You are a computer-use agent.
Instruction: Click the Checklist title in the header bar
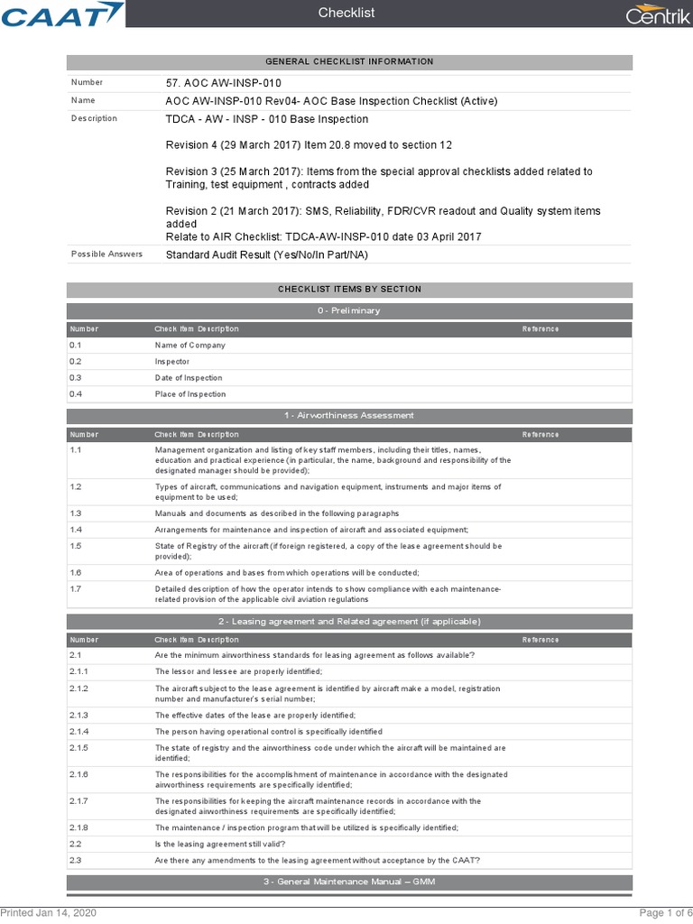tap(346, 13)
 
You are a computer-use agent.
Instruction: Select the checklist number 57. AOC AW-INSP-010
tap(217, 83)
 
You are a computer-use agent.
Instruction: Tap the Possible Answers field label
tap(106, 254)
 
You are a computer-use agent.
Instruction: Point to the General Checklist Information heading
tap(349, 61)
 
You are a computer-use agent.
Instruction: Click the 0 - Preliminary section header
tap(349, 310)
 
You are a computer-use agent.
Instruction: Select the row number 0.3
tap(76, 378)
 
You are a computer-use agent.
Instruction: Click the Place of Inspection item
tap(190, 394)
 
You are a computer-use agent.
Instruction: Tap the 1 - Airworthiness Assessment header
tap(349, 415)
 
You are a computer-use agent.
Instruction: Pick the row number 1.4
tap(76, 530)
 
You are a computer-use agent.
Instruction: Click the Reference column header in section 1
tap(541, 434)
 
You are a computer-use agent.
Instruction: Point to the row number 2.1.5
tap(79, 748)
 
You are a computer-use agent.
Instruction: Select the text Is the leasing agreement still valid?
tap(220, 844)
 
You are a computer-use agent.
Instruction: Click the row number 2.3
tap(76, 860)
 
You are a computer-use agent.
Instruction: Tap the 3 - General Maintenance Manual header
tap(349, 882)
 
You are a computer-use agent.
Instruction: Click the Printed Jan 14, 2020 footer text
tap(48, 913)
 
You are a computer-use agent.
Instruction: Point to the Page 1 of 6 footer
tap(665, 913)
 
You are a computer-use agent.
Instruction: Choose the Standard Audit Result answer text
tap(266, 254)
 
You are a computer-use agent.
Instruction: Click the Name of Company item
tap(190, 346)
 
